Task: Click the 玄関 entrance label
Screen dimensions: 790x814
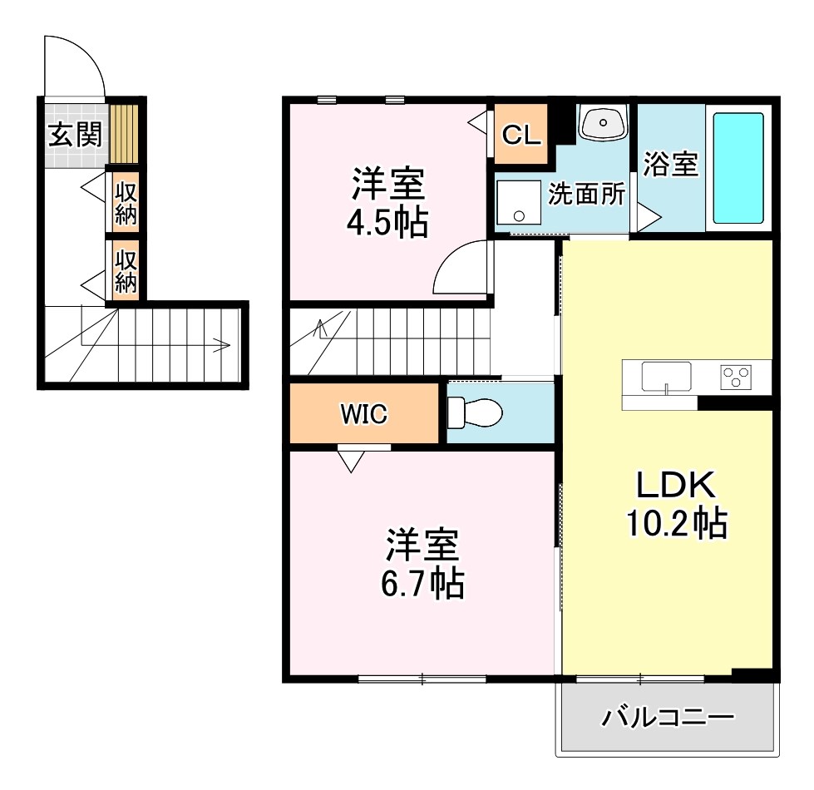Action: point(75,135)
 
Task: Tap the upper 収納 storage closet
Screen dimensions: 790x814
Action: point(126,202)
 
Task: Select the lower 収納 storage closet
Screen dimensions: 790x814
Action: point(126,271)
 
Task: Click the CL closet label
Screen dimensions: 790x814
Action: point(521,135)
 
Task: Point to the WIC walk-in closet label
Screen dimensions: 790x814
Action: point(363,414)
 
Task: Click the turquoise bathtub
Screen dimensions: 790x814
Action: point(738,168)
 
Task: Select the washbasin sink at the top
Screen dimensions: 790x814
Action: point(603,123)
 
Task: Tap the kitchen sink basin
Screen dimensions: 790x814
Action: point(667,376)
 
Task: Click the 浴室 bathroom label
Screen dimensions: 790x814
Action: point(670,165)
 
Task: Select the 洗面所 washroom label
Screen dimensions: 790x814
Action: point(585,195)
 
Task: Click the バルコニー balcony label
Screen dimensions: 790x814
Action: point(668,717)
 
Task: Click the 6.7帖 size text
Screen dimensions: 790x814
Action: point(424,585)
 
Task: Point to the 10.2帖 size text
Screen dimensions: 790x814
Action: point(676,524)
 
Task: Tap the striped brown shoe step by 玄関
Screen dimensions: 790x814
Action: point(125,133)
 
